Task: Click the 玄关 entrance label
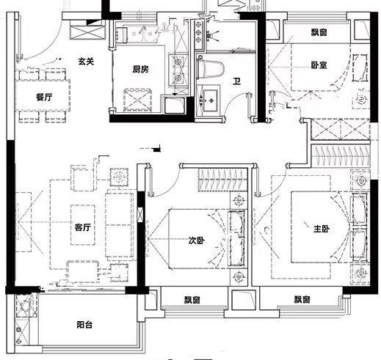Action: click(86, 62)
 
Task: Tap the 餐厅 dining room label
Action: click(44, 98)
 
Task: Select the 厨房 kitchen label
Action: click(140, 70)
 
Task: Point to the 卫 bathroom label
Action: click(236, 81)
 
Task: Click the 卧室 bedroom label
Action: click(319, 65)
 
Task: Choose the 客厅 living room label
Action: click(83, 227)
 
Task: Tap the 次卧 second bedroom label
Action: click(197, 240)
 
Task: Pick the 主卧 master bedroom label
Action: click(322, 229)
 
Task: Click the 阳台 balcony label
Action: click(84, 325)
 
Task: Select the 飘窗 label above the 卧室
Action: click(319, 32)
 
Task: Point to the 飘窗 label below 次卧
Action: click(192, 300)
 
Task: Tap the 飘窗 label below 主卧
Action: click(302, 299)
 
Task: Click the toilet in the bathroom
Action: click(211, 68)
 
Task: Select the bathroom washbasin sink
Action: click(208, 100)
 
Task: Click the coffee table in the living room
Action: click(83, 225)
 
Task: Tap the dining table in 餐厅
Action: click(43, 95)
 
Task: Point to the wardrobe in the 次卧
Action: click(222, 180)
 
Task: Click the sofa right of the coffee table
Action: click(120, 225)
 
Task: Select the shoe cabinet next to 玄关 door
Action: click(87, 30)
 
